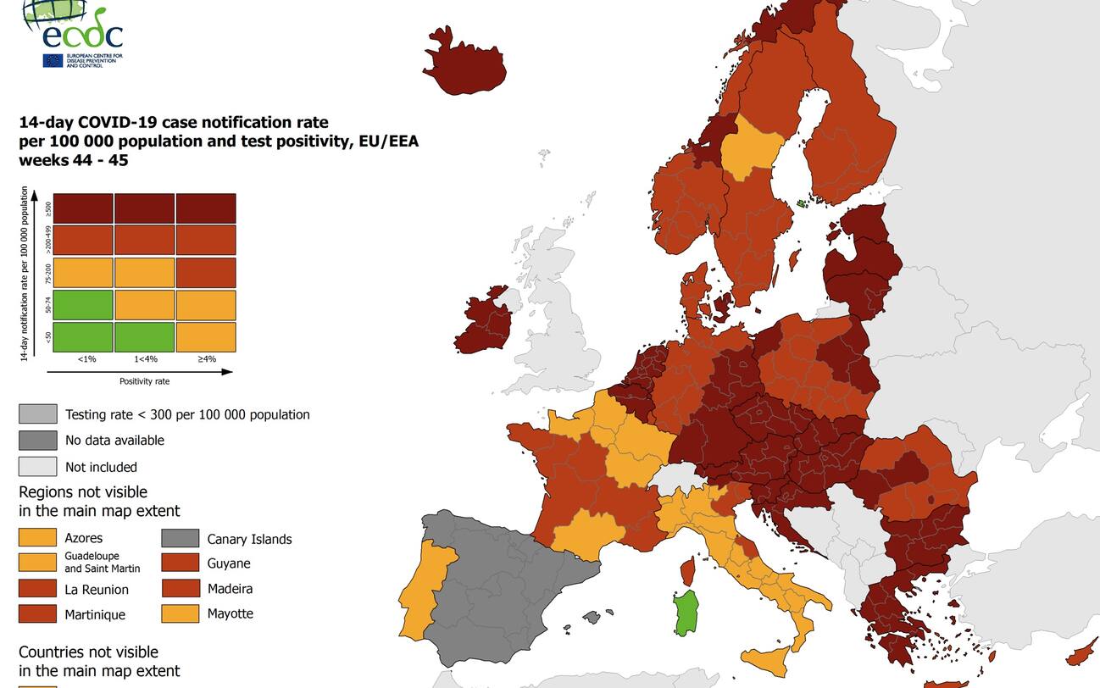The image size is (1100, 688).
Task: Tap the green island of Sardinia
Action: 686,613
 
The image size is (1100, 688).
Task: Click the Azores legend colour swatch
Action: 38,538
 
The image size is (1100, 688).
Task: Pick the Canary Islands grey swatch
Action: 181,539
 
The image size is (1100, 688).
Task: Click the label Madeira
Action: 230,589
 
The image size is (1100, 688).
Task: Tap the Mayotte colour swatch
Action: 181,613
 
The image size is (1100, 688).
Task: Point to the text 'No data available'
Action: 114,441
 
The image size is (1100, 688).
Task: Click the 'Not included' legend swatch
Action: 38,467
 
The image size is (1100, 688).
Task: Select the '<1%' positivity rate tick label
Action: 86,359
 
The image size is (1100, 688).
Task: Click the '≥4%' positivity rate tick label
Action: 207,359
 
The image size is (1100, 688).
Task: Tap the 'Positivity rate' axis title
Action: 144,381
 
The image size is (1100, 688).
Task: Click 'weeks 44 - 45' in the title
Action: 74,160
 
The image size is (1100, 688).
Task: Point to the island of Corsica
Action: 687,570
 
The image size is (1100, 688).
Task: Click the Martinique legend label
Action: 95,615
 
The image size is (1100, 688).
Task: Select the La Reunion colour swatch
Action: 38,589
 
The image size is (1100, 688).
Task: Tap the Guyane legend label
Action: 229,563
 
